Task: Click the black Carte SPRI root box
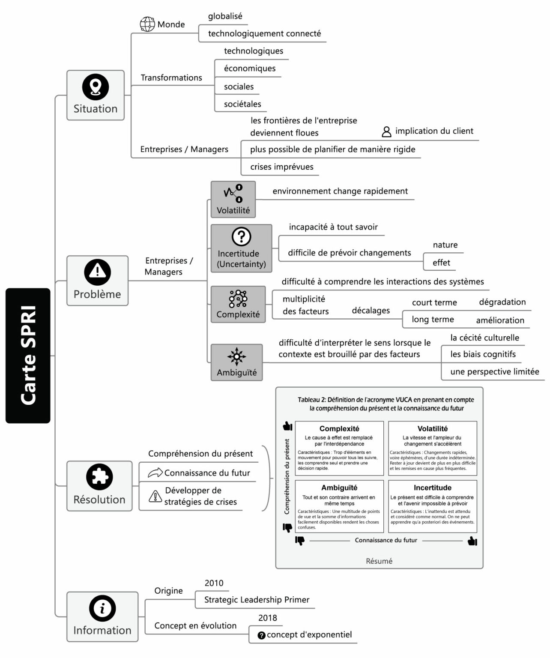pos(28,356)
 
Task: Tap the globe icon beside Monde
pos(147,24)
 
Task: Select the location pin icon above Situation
pos(96,87)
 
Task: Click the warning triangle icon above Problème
pos(98,272)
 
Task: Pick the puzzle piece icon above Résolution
pos(99,477)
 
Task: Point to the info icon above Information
pos(102,608)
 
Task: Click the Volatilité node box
pos(233,199)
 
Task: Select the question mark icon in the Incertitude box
pos(241,236)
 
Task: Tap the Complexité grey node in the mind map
pos(238,304)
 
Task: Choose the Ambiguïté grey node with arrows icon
pos(236,362)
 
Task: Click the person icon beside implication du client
pos(386,132)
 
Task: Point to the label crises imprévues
pos(282,167)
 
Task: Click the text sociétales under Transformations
pos(242,104)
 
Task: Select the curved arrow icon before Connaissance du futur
pos(155,473)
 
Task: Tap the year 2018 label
pos(268,618)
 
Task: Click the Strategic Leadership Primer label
pos(257,600)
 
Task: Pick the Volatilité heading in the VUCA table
pos(432,428)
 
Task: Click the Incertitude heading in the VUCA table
pos(432,488)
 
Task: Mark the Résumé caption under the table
pos(379,561)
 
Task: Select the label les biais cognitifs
pos(483,354)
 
